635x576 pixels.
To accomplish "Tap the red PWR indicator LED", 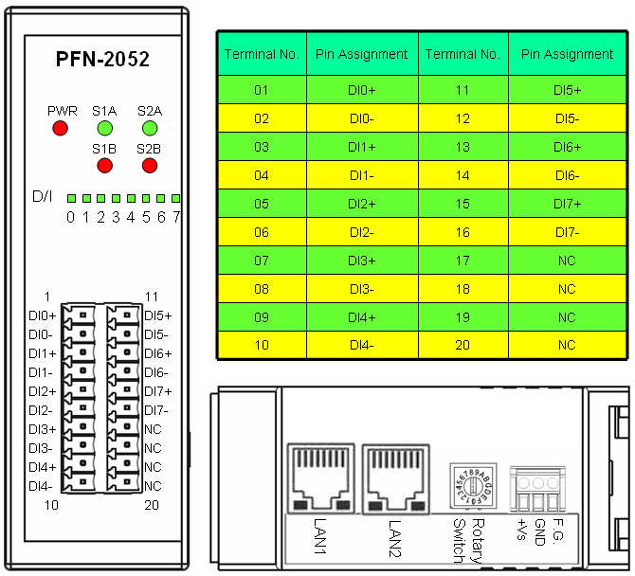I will [62, 128].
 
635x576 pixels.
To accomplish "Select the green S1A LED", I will [104, 128].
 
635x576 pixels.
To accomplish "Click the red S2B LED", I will [149, 166].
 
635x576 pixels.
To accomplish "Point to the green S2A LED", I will [149, 128].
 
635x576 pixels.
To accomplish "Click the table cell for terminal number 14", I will [463, 175].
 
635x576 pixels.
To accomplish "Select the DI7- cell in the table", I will [567, 232].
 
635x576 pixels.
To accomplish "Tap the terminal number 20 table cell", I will [463, 346].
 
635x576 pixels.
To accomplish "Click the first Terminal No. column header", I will [262, 54].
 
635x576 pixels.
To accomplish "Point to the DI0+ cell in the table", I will [361, 90].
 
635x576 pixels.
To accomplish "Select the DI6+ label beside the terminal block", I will [157, 353].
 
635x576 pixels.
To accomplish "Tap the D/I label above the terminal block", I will [44, 198].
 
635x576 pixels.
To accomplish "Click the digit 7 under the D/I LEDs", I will [176, 217].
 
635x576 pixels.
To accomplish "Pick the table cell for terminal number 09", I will [262, 317].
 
